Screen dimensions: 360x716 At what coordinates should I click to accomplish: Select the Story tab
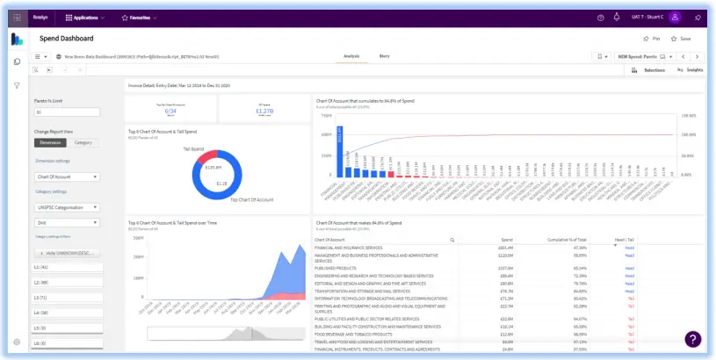pos(384,55)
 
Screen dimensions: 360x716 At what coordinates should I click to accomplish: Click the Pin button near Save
pos(651,39)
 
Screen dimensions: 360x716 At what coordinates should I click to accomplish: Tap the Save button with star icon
pos(681,39)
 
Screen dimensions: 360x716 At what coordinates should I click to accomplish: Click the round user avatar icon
pos(675,17)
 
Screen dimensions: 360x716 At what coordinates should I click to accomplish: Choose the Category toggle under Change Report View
pos(83,142)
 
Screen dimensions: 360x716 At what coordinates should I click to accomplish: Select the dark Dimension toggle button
pos(50,142)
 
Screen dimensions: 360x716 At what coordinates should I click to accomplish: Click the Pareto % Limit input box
pos(67,112)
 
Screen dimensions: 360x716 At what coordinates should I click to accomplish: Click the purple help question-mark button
pos(692,339)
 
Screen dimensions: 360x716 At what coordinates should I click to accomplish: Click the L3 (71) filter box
pos(67,297)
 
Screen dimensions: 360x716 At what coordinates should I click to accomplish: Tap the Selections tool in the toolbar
pos(650,69)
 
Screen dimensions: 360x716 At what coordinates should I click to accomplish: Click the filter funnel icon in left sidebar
pos(17,85)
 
